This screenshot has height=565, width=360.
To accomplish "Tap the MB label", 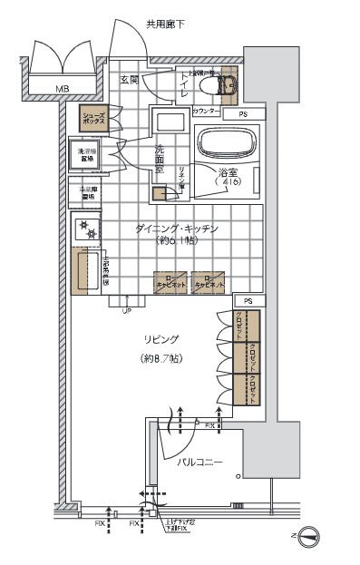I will [x=62, y=89].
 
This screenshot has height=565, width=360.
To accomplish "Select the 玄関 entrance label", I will [x=129, y=80].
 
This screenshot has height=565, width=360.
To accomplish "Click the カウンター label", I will [x=206, y=111].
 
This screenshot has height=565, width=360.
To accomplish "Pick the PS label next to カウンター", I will [x=243, y=114].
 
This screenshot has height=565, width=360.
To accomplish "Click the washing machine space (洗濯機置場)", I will [x=87, y=155].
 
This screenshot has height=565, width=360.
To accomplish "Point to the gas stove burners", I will [x=90, y=229].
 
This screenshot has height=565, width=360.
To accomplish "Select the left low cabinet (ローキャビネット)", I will [x=170, y=282].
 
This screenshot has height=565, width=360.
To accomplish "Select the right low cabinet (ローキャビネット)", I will [x=209, y=282].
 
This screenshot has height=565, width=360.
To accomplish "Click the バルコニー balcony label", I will [x=199, y=463].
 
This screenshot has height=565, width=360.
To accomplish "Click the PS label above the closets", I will [x=248, y=300].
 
